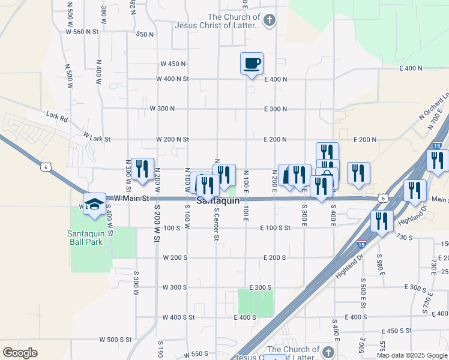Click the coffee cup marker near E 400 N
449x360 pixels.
click(x=252, y=62)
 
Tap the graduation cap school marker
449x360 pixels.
click(x=94, y=203)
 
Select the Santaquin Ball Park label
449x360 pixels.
click(x=85, y=238)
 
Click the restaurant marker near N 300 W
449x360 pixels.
click(x=142, y=169)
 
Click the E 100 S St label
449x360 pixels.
click(x=276, y=228)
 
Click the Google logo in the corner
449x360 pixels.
click(x=20, y=352)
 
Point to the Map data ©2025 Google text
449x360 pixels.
click(x=411, y=355)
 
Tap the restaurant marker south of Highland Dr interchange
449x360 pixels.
click(x=381, y=221)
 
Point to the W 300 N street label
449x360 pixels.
click(x=162, y=109)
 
